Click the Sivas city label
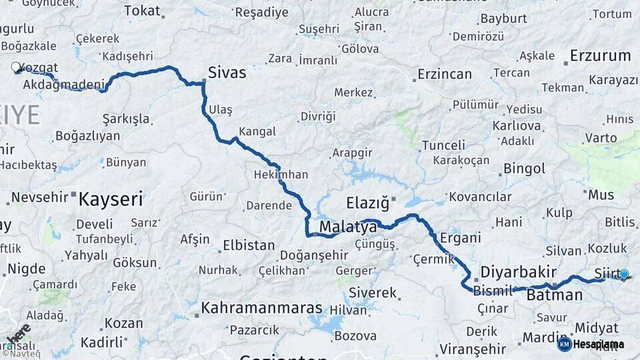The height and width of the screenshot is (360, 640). click(227, 73)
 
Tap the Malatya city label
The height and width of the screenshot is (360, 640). click(347, 227)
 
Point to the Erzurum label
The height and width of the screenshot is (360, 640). click(600, 56)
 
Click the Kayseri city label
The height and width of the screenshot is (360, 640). click(111, 199)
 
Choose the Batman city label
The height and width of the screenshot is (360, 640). click(554, 295)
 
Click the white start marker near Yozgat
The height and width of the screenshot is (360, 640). click(16, 67)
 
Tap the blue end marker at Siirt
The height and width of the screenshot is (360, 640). click(624, 273)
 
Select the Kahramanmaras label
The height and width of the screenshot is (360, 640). click(261, 309)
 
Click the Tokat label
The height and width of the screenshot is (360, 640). click(142, 11)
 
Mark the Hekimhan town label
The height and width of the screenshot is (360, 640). click(281, 175)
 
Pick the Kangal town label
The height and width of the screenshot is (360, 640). click(257, 131)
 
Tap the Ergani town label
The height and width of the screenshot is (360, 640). click(460, 238)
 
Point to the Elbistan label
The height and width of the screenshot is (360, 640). click(249, 245)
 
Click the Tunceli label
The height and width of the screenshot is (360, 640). click(443, 145)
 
